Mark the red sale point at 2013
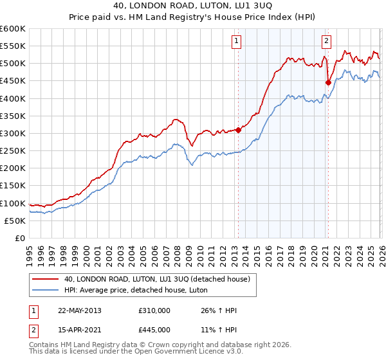click(238, 130)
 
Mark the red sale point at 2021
click(328, 82)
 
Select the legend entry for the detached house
click(161, 278)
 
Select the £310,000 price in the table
click(154, 310)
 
